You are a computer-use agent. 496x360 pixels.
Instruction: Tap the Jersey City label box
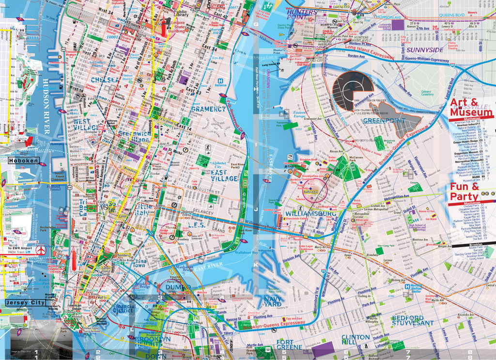pyautogui.click(x=26, y=302)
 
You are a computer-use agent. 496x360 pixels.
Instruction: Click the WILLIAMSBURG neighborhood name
pyautogui.click(x=311, y=213)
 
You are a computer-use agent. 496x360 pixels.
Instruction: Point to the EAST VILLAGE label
pyautogui.click(x=224, y=175)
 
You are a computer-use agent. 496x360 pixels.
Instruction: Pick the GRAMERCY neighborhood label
pyautogui.click(x=208, y=109)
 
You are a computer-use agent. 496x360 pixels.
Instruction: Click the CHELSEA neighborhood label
pyautogui.click(x=104, y=79)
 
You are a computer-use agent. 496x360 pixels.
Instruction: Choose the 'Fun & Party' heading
pyautogui.click(x=465, y=191)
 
